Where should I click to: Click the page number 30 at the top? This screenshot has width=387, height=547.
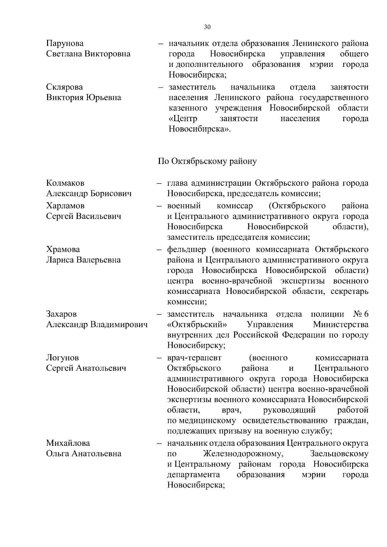click(x=207, y=27)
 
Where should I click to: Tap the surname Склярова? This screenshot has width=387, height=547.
click(x=64, y=87)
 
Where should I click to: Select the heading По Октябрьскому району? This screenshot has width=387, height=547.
click(x=207, y=161)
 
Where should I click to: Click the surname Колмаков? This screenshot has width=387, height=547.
click(x=65, y=183)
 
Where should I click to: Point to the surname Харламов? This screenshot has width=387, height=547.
click(x=65, y=206)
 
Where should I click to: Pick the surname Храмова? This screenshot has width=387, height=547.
click(x=63, y=249)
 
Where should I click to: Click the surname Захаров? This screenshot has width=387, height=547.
click(x=62, y=314)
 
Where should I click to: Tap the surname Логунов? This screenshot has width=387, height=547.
click(x=63, y=358)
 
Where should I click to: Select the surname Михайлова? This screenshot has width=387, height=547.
click(x=68, y=443)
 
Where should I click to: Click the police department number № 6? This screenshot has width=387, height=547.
click(x=361, y=314)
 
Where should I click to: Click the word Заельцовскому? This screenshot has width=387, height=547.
click(x=339, y=454)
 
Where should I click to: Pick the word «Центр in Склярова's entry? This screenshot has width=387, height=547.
click(x=183, y=119)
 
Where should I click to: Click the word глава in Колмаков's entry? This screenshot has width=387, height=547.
click(x=178, y=183)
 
